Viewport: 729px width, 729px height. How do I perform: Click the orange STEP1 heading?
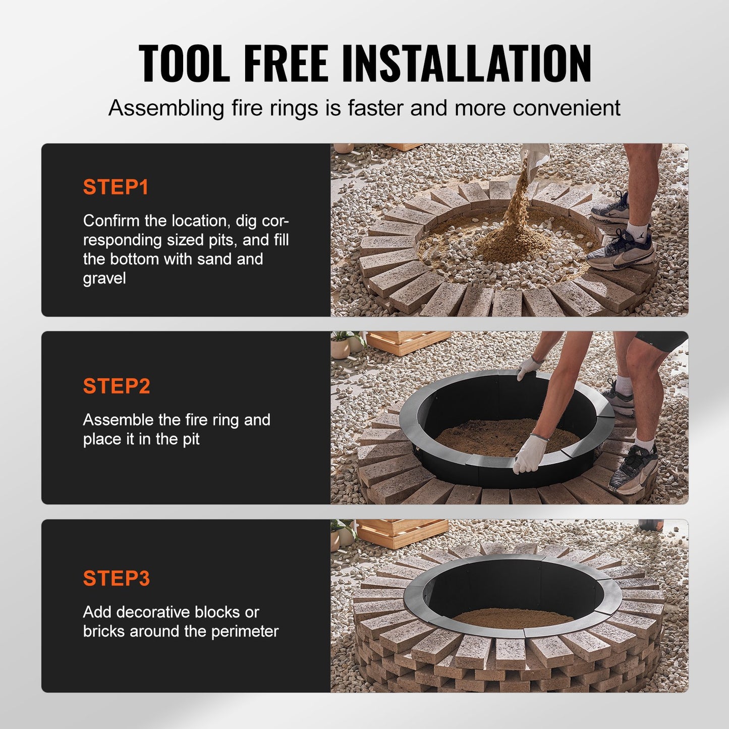(x=116, y=187)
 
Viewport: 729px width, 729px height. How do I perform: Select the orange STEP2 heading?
(x=117, y=386)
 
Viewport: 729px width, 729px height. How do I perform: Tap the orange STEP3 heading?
(x=117, y=578)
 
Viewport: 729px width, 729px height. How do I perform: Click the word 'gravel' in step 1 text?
(x=104, y=278)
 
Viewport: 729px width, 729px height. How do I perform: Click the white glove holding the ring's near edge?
(x=530, y=454)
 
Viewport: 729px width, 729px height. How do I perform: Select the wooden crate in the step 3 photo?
(x=401, y=532)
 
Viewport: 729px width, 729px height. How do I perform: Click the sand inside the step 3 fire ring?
(x=512, y=616)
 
